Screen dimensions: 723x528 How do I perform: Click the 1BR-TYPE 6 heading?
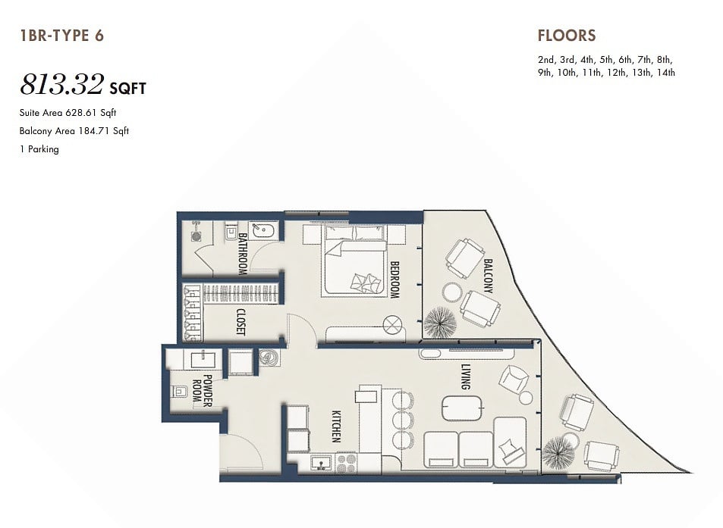pos(62,36)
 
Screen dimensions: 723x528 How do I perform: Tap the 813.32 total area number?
pos(61,85)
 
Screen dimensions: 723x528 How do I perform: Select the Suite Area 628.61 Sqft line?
pos(68,113)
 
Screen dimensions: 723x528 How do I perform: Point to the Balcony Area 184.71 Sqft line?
pos(74,131)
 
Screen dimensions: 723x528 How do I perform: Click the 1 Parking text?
pos(39,149)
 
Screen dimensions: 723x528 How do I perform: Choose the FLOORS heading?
pos(567,36)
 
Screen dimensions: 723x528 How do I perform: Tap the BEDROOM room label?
pos(395,280)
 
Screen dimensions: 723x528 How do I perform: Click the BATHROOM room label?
pos(243,254)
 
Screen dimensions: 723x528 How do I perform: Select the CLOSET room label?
pos(240,321)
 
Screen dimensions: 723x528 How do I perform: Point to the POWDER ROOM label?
pos(202,390)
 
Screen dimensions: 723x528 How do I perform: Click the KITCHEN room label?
pos(336,426)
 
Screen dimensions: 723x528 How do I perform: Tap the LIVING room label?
pos(466,376)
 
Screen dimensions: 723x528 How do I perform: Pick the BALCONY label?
pos(488,276)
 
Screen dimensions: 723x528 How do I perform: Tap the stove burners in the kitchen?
pos(346,463)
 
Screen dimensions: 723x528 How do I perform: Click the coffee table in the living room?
pos(463,408)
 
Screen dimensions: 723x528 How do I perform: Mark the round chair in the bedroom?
pos(394,325)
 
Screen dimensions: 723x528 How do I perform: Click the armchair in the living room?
pos(513,380)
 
